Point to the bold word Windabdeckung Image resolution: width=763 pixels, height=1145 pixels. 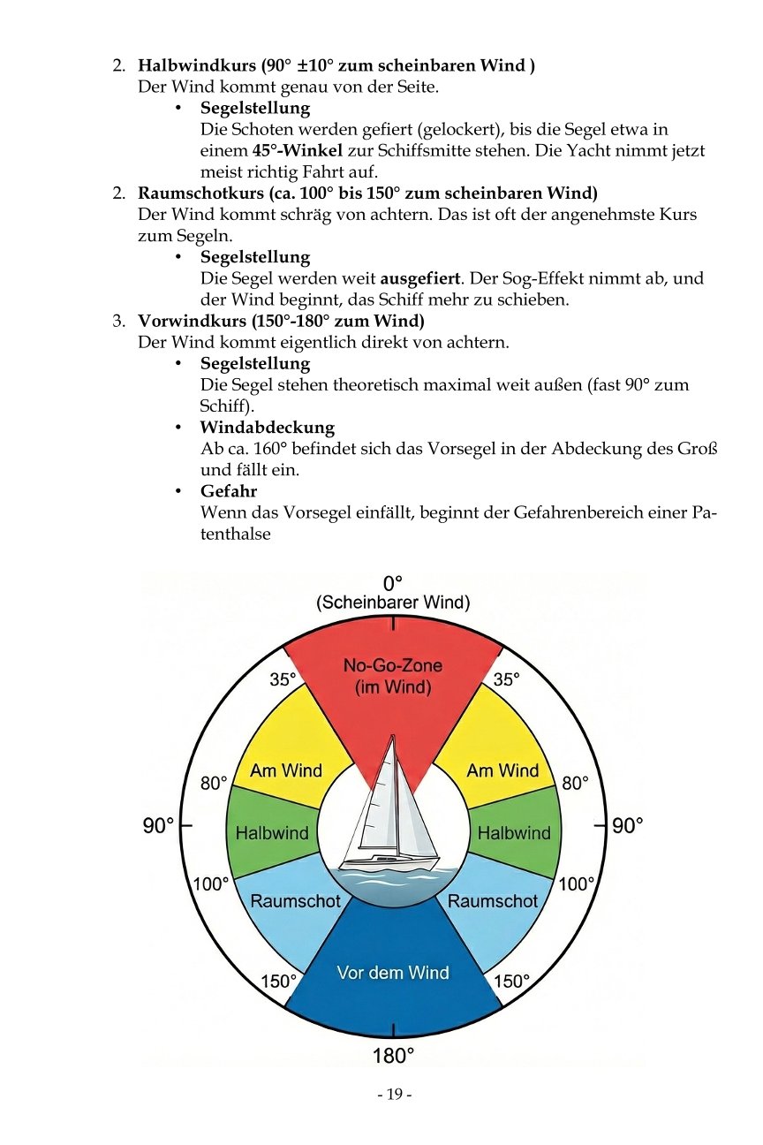tap(268, 428)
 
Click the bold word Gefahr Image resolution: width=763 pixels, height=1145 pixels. tap(229, 491)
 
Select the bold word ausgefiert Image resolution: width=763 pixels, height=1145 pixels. tap(419, 279)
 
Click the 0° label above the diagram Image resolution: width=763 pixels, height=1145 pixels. tap(393, 583)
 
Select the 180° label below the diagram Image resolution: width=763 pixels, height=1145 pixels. tap(393, 1055)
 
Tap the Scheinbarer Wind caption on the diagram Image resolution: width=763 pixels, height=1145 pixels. tap(393, 603)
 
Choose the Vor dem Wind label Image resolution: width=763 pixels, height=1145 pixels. tap(393, 973)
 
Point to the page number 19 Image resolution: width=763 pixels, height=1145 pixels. tap(394, 1096)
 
